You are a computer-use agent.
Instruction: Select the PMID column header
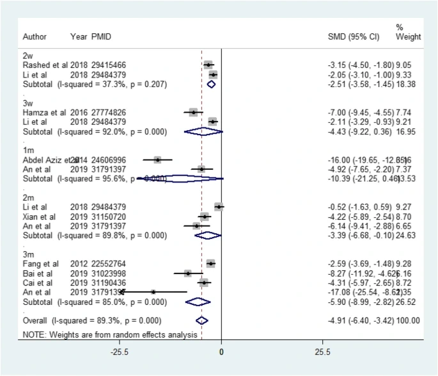click(101, 37)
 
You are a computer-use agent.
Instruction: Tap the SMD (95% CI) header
click(354, 37)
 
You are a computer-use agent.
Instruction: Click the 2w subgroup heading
click(27, 56)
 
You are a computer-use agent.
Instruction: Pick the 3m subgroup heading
click(28, 254)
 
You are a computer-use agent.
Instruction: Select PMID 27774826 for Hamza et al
click(111, 112)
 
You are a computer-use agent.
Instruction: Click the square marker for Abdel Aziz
click(157, 159)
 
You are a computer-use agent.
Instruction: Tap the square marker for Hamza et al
click(193, 112)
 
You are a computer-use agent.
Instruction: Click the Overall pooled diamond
click(201, 320)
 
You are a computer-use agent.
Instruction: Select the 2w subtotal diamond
click(211, 84)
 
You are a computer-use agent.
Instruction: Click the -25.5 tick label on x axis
click(119, 353)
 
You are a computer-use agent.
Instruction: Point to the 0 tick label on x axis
click(221, 353)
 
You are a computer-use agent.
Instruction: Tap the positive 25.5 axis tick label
click(323, 353)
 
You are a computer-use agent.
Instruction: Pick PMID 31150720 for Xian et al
click(111, 217)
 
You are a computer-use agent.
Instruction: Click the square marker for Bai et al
click(188, 273)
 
